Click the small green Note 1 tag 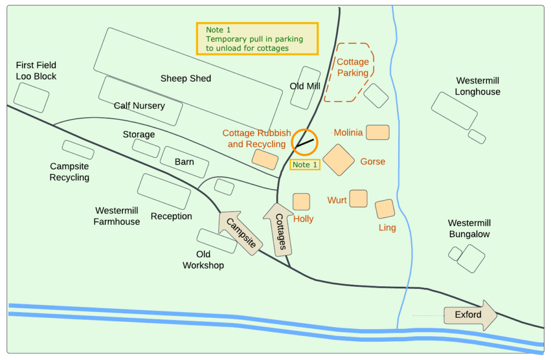click(x=305, y=164)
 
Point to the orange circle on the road click(x=305, y=143)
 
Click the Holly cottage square click(x=301, y=201)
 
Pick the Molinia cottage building click(x=378, y=132)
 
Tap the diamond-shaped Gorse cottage click(x=338, y=160)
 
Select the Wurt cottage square click(x=358, y=199)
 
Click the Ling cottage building click(x=385, y=209)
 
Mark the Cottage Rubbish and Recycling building click(x=265, y=159)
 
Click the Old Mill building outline click(x=306, y=87)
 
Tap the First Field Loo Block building click(x=31, y=97)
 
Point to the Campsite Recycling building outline click(x=78, y=150)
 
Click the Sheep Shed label click(x=186, y=79)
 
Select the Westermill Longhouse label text click(x=477, y=86)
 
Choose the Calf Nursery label click(x=139, y=105)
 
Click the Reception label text click(x=171, y=216)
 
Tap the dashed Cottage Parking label click(x=353, y=67)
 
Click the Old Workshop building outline click(x=217, y=241)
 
